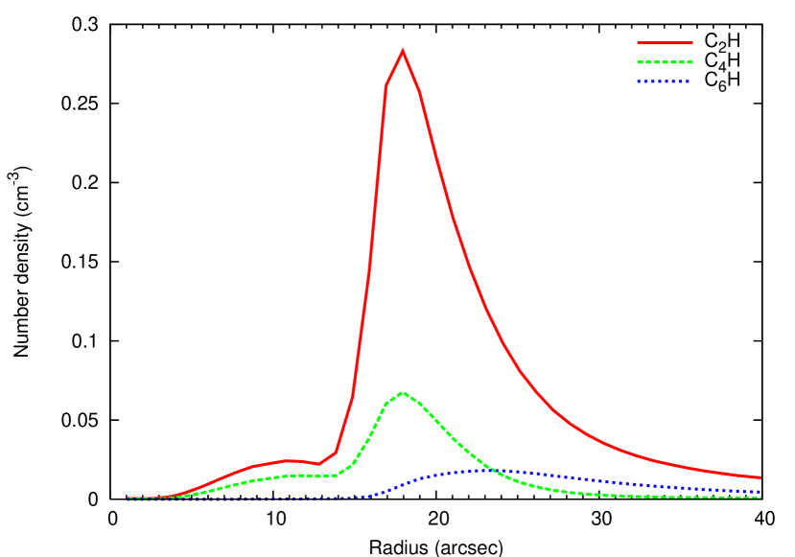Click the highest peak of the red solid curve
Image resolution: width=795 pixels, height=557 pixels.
(403, 51)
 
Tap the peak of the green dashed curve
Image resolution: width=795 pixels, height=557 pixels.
(403, 392)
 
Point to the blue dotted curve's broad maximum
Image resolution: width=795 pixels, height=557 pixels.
(479, 470)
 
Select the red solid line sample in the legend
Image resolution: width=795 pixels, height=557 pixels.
(665, 42)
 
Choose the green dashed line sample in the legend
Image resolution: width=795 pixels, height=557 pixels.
(665, 62)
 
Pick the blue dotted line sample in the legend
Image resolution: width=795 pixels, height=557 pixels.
(664, 81)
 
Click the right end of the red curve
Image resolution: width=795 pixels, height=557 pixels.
(760, 476)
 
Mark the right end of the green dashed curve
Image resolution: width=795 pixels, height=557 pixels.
(760, 498)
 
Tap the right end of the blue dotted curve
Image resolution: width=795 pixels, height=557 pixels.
(760, 492)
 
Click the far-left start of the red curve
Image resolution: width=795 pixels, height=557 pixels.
(129, 499)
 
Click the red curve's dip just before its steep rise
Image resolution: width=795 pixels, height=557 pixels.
(318, 464)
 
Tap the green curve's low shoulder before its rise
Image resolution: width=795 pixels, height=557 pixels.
(321, 476)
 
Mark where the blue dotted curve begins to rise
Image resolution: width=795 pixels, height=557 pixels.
(369, 496)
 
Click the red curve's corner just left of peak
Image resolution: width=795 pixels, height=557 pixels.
(386, 85)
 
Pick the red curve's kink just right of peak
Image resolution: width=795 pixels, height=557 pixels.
(419, 91)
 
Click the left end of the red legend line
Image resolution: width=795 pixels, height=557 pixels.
(639, 42)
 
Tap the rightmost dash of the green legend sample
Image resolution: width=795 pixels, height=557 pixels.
(689, 62)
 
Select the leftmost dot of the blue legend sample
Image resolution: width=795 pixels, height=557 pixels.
(639, 81)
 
